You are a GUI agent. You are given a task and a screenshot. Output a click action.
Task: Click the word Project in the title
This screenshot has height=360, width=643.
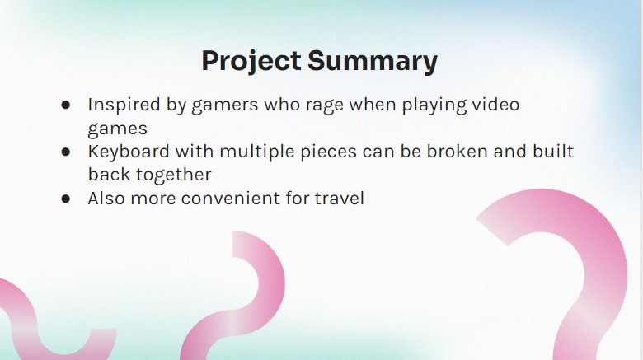click(x=251, y=62)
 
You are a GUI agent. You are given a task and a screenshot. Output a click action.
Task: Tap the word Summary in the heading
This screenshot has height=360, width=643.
click(x=373, y=62)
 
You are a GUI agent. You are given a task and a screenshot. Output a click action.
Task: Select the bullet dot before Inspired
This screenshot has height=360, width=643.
click(x=66, y=105)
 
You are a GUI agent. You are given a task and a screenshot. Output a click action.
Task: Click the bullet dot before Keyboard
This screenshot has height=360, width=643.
click(x=66, y=152)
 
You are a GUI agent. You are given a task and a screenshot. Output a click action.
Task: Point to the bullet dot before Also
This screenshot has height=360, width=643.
click(x=66, y=199)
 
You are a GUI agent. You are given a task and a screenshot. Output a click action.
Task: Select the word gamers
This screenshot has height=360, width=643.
click(x=225, y=106)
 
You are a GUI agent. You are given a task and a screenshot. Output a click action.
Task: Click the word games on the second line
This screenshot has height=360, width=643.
click(x=117, y=129)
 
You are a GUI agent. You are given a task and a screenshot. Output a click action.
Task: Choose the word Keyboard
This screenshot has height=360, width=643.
click(x=129, y=152)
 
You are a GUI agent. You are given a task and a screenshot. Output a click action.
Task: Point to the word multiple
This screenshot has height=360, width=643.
click(x=257, y=152)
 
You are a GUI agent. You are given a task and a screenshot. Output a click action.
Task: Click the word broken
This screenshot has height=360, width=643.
click(x=457, y=152)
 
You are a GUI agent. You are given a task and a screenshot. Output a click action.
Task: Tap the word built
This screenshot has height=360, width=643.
click(x=553, y=152)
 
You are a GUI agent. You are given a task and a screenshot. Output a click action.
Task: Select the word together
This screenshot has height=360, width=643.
click(x=173, y=175)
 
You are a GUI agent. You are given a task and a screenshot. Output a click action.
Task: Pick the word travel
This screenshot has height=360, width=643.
click(x=339, y=199)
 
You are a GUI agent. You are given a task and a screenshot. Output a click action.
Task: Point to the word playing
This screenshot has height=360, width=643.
click(x=434, y=105)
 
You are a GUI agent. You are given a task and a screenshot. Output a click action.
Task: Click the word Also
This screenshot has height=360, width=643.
click(x=106, y=199)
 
